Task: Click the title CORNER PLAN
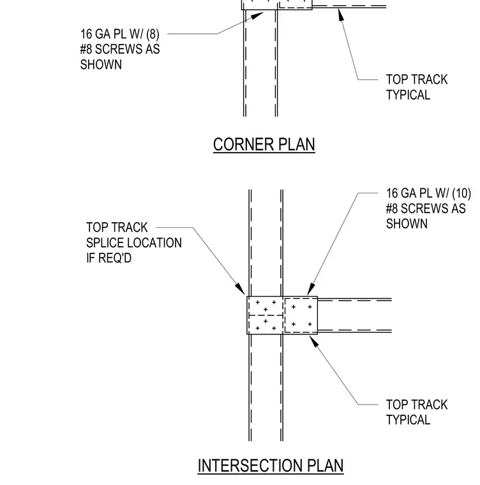pos(264,144)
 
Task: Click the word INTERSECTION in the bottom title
pos(250,465)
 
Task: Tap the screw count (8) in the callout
pos(153,34)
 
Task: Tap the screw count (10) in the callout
pos(461,193)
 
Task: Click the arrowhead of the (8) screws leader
pos(257,16)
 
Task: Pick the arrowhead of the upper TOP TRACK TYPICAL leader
pos(341,15)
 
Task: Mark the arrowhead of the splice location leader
pos(240,288)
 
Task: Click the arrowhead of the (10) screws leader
pos(311,289)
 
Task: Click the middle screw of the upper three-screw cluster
pos(266,310)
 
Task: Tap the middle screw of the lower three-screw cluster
pos(266,322)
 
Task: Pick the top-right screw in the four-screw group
pos(310,307)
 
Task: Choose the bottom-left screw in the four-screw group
pos(294,324)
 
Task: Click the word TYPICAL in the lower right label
pos(408,420)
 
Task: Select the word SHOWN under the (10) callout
pos(407,223)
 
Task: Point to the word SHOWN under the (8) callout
pos(101,64)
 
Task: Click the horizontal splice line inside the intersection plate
pos(266,315)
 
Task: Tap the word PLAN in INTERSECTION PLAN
pos(326,465)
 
